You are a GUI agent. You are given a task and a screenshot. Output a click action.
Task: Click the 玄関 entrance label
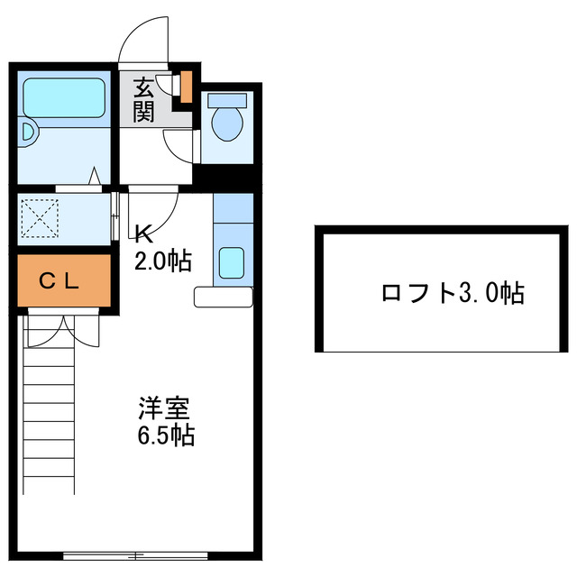point(144,99)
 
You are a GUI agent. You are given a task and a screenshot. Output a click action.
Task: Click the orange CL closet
point(61,280)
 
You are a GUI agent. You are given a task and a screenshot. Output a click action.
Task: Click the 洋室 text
point(163,409)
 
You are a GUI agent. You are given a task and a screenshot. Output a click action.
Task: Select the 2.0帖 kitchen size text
point(162,261)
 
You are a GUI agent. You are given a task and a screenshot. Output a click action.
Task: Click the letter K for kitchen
point(142,235)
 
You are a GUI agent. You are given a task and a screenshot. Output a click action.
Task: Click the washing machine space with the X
point(37,218)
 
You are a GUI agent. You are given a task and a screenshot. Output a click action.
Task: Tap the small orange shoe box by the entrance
point(186,86)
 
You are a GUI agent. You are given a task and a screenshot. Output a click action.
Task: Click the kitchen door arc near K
point(159,212)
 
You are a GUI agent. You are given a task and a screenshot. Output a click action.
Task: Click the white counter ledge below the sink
point(224,297)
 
